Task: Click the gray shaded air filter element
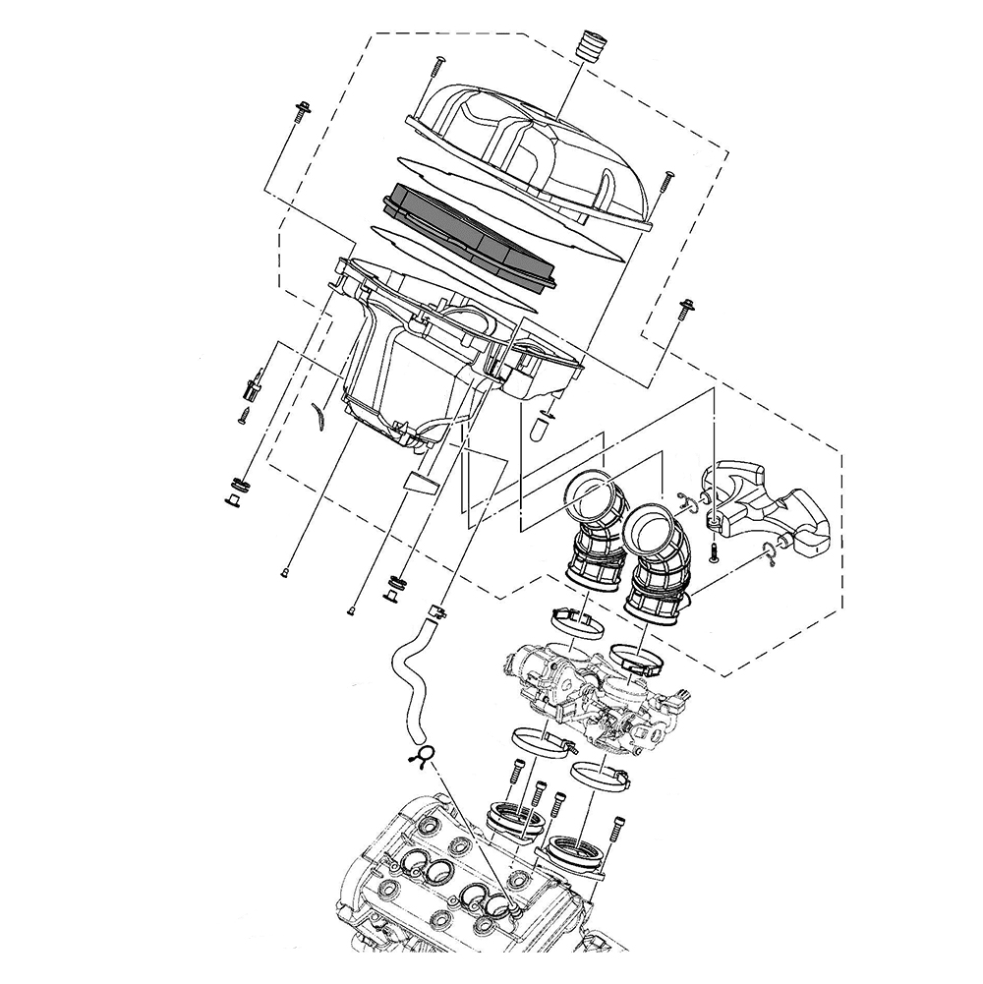coord(469,235)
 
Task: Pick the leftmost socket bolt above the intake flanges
coord(514,781)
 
